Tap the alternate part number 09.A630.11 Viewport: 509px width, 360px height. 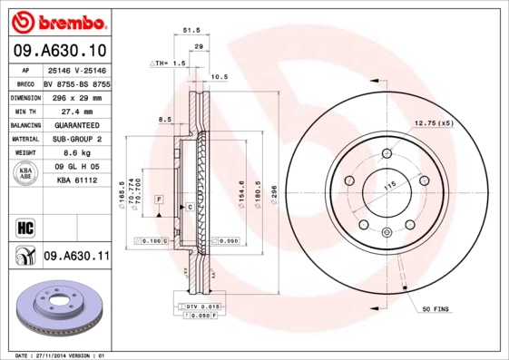(76, 258)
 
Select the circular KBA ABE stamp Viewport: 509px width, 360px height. (24, 174)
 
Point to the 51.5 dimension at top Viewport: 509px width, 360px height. (191, 30)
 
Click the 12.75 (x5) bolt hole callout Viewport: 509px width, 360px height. (434, 122)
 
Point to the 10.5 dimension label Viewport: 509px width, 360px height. (219, 77)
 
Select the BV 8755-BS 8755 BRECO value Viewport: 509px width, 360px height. (76, 83)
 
